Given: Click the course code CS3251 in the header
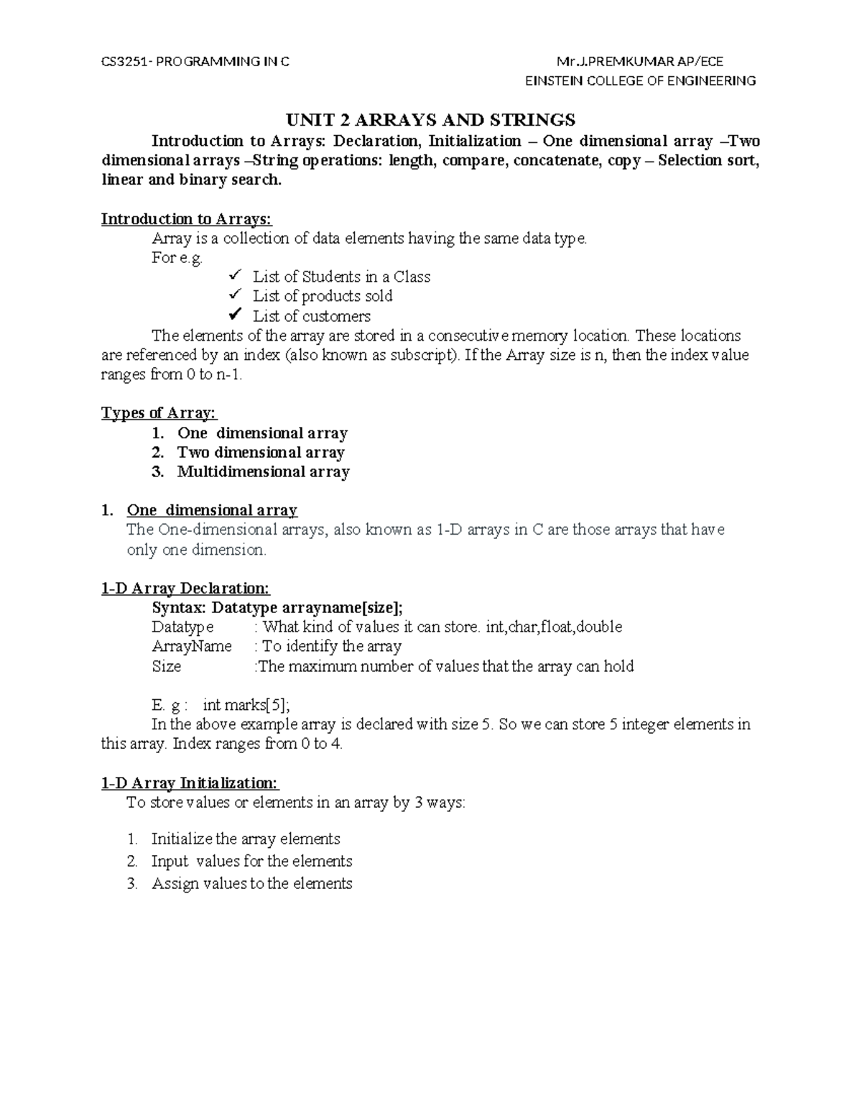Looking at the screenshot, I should pos(123,62).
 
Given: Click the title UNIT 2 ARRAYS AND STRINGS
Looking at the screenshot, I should pos(431,119).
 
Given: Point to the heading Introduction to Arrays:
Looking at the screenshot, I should pos(187,218).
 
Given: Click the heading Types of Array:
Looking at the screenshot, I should pos(159,413).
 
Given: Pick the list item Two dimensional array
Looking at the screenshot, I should pos(261,453).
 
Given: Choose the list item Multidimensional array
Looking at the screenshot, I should pos(263,472).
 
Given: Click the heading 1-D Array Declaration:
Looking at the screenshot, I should pos(185,589).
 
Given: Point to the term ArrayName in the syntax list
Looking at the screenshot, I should pos(192,647).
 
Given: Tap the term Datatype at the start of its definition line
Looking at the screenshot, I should pos(182,627).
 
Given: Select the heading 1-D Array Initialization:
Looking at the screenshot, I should pos(190,783).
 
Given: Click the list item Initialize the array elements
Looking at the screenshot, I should pos(246,839).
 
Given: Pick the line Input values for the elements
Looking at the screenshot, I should pos(251,862).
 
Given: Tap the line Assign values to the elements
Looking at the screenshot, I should pos(251,884).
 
